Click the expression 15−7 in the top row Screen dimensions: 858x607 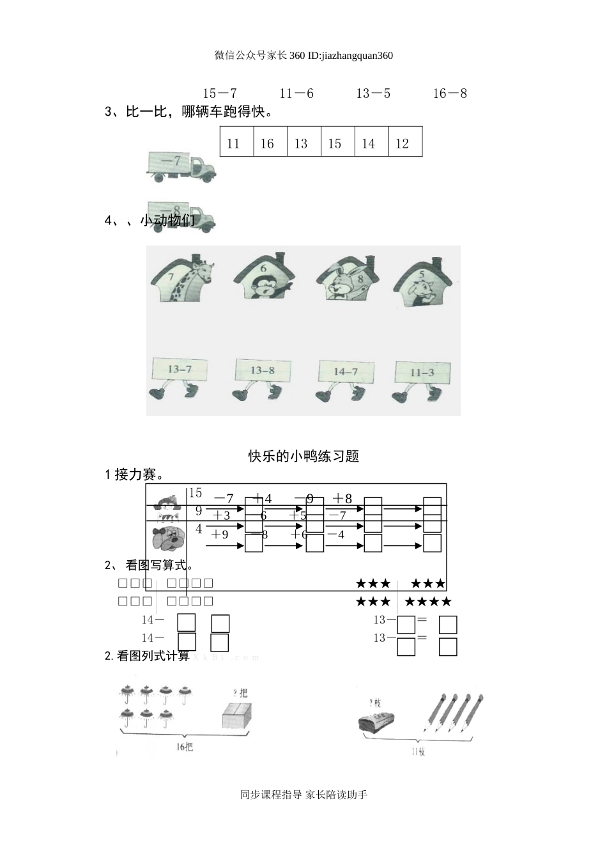220,93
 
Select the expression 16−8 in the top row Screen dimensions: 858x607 450,93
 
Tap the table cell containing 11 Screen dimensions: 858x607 234,143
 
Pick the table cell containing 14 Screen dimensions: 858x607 369,143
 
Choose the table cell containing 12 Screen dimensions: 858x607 403,143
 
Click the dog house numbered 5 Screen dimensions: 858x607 424,279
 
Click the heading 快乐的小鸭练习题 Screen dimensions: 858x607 303,456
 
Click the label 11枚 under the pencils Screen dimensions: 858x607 418,752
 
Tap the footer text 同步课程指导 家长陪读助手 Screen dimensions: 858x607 303,795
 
